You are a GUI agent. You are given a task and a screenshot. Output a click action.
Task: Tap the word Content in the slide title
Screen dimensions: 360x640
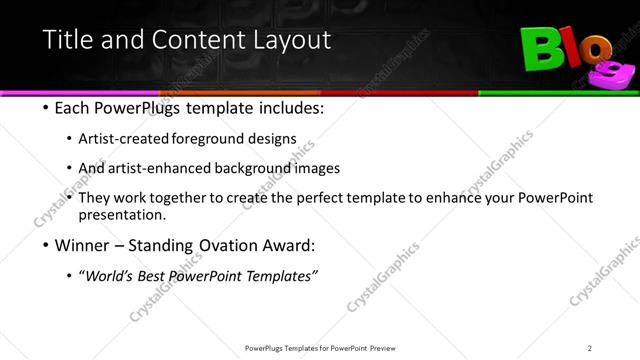(x=195, y=41)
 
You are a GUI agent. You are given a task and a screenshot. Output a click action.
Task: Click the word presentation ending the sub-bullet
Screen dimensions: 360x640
(x=129, y=215)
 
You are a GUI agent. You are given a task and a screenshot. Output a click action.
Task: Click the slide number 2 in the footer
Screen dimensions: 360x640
(x=590, y=347)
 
